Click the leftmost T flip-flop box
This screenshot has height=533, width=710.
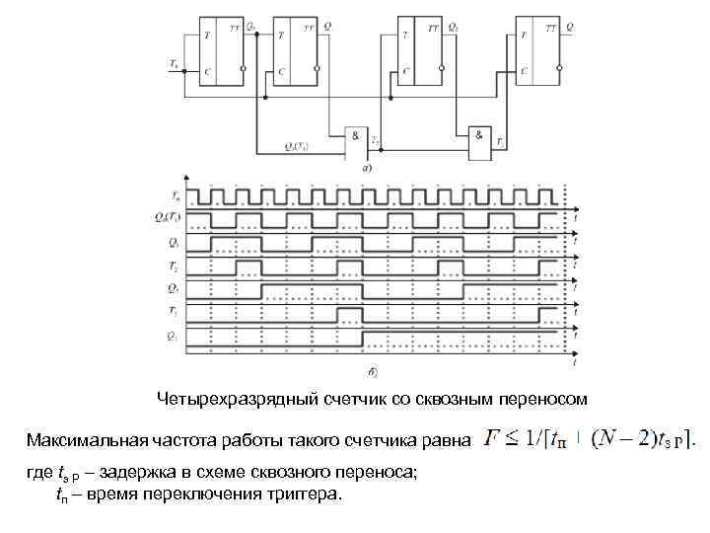222,51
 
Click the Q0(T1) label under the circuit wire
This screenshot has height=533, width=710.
297,146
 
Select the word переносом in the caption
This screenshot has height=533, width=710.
547,399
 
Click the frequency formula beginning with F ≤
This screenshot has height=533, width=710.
590,437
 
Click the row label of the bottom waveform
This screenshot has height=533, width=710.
174,337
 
